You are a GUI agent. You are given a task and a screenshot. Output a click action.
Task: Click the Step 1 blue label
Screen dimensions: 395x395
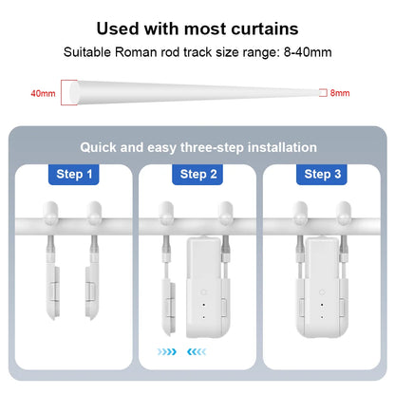(74, 174)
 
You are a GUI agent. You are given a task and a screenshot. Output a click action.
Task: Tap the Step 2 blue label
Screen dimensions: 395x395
(198, 174)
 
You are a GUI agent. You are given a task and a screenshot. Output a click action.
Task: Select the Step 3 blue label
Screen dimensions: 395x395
(322, 174)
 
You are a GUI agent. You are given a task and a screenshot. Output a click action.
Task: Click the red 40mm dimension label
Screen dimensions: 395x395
(43, 93)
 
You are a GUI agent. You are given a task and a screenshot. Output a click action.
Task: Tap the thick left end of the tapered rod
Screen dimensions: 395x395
(68, 93)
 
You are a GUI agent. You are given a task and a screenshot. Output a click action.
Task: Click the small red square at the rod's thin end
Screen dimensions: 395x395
(322, 93)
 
